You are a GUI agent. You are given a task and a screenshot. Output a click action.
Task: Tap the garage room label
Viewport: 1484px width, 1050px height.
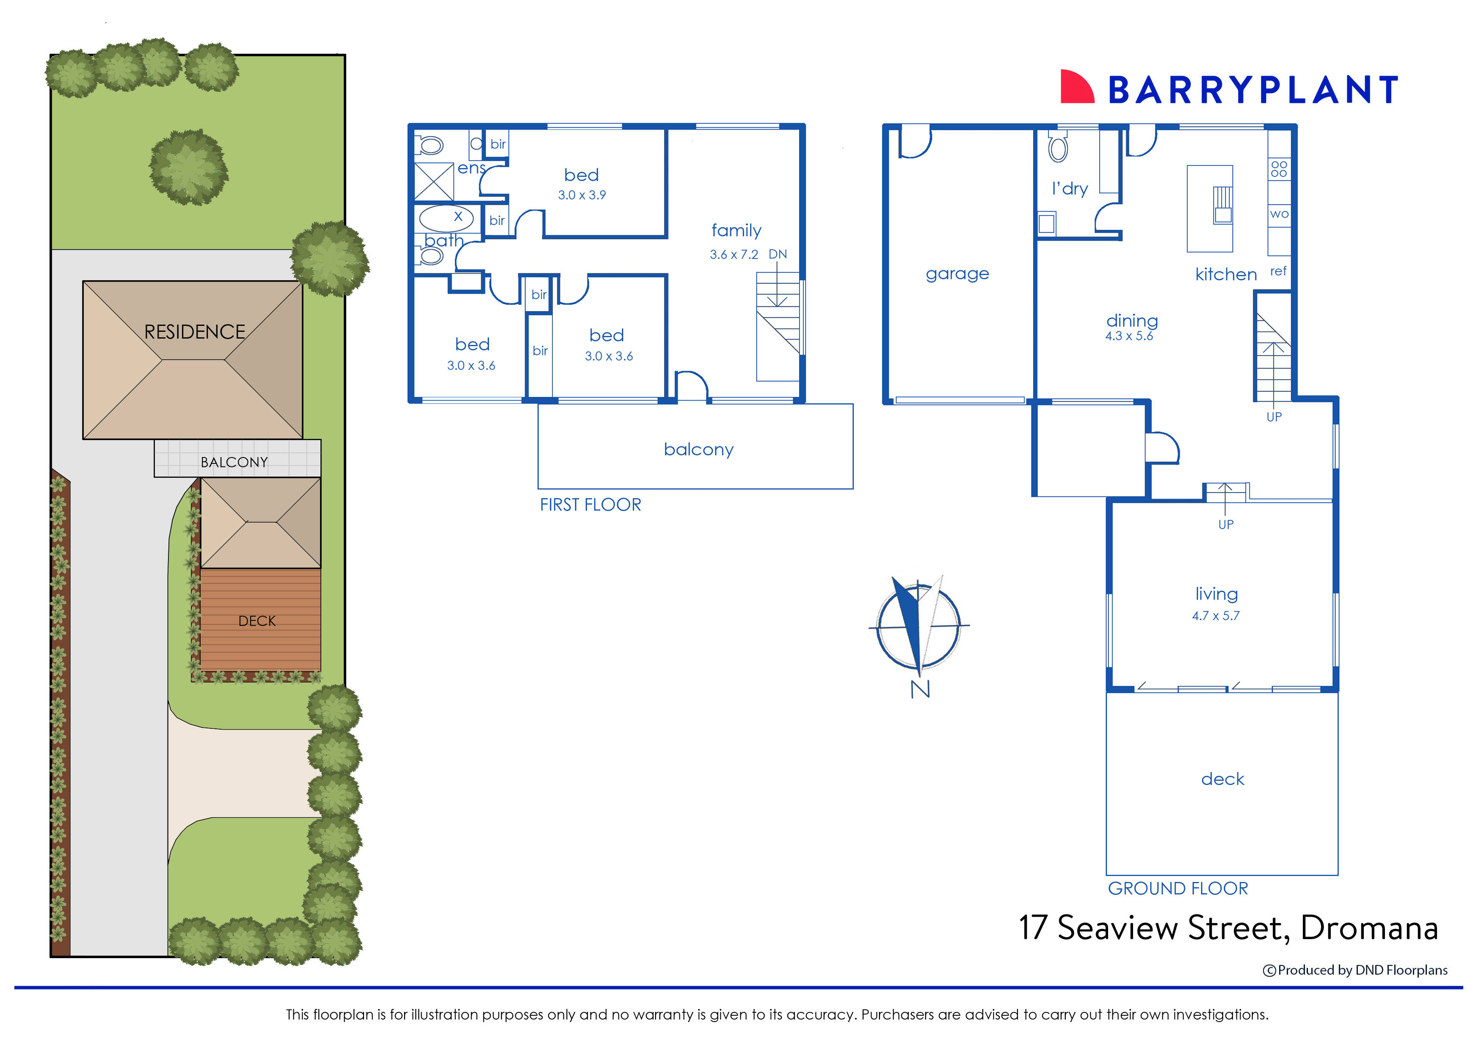(957, 273)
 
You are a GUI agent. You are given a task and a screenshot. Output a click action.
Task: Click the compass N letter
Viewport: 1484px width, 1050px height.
(920, 689)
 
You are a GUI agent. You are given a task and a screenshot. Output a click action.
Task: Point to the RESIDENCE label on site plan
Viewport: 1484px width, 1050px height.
(195, 332)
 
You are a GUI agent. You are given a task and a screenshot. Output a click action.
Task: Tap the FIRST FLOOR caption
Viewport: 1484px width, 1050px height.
(590, 505)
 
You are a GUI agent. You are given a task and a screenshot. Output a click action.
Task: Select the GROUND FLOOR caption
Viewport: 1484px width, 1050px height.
(1178, 888)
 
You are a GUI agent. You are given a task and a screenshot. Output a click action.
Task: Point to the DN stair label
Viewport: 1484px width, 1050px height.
(778, 254)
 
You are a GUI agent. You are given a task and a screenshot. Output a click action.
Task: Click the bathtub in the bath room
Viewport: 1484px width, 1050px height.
(446, 218)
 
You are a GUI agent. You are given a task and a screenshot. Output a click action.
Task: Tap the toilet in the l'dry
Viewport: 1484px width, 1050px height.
(1058, 148)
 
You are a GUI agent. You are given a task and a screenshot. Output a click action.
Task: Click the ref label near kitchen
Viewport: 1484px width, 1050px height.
(1278, 271)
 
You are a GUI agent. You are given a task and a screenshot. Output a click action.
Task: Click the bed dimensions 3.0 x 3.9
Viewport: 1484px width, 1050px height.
(582, 195)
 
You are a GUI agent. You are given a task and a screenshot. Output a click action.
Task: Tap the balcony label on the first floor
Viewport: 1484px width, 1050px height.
(698, 449)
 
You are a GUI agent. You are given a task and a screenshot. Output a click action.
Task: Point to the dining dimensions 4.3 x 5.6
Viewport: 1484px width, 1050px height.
(1129, 336)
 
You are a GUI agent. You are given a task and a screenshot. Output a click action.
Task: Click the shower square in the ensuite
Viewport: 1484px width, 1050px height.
(433, 182)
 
